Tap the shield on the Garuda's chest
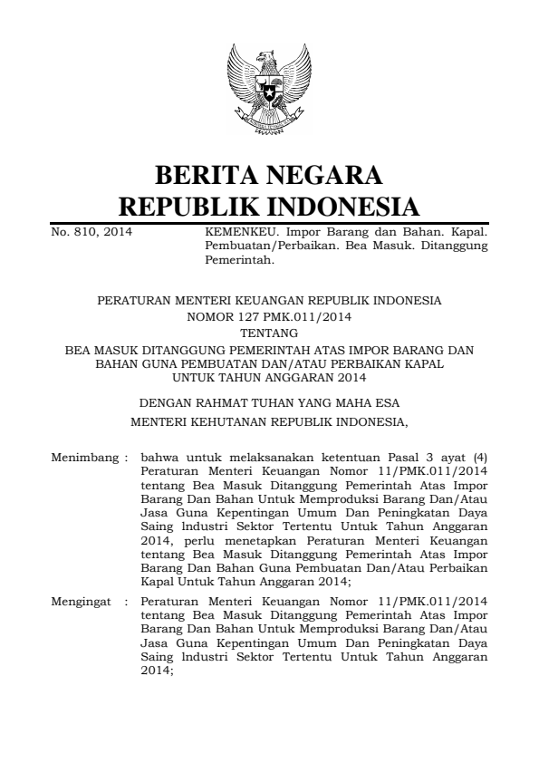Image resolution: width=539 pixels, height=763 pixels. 269,91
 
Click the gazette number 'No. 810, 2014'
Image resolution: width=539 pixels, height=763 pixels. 91,232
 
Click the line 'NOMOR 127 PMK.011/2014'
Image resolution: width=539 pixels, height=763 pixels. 269,317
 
